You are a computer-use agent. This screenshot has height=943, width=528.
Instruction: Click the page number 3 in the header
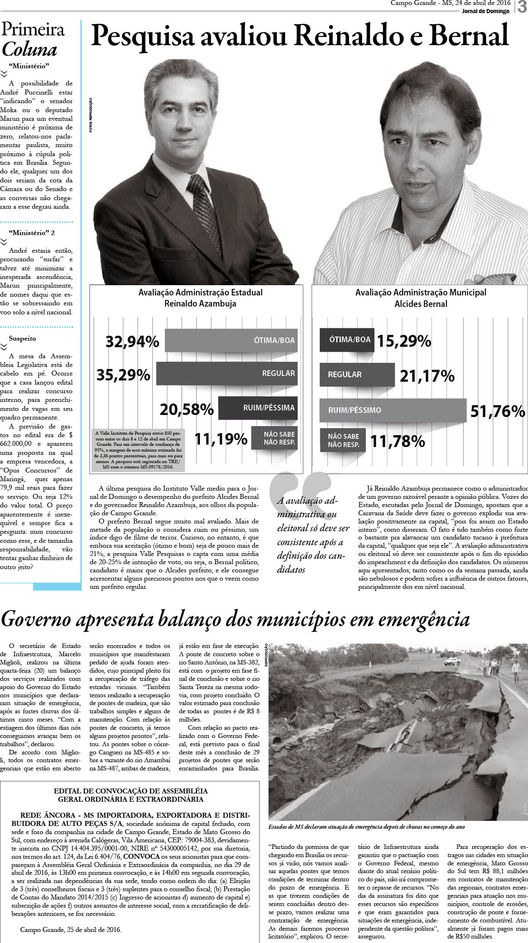[522, 7]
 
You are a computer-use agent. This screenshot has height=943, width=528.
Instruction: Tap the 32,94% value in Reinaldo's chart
[132, 341]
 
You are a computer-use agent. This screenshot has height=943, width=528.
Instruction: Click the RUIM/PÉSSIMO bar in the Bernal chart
[393, 410]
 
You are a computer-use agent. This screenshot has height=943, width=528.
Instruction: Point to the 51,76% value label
[497, 411]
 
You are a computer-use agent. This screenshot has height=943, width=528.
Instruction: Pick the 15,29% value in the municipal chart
[404, 341]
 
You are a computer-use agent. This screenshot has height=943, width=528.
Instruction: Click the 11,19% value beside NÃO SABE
[221, 439]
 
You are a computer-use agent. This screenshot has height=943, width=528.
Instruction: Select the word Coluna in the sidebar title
[29, 50]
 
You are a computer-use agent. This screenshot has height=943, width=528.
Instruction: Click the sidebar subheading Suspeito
[22, 339]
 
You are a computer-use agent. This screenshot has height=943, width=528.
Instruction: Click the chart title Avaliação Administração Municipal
[420, 293]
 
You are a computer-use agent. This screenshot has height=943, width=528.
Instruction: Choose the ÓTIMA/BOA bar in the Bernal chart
[347, 340]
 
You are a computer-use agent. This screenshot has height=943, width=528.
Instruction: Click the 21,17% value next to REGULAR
[427, 376]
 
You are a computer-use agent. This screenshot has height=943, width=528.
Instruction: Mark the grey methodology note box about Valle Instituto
[139, 450]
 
